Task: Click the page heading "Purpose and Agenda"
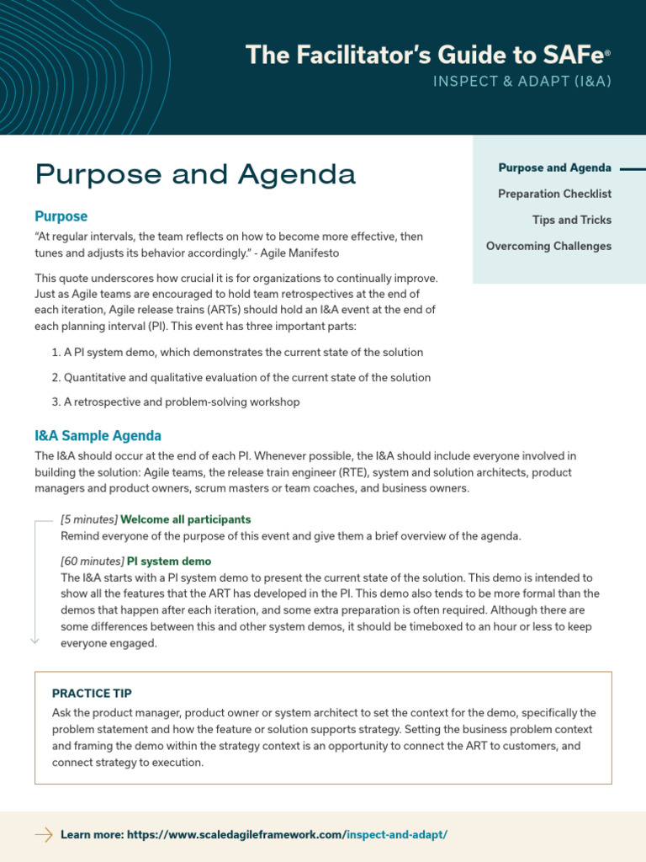pyautogui.click(x=195, y=174)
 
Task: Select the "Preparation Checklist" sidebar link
pyautogui.click(x=554, y=194)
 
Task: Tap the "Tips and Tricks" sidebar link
pyautogui.click(x=571, y=220)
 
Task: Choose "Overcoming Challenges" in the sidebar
pyautogui.click(x=548, y=246)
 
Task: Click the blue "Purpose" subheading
pyautogui.click(x=61, y=216)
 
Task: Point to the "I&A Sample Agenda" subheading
pyautogui.click(x=98, y=435)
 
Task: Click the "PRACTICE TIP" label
pyautogui.click(x=92, y=694)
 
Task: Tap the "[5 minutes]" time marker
pyautogui.click(x=89, y=519)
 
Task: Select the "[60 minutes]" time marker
pyautogui.click(x=92, y=561)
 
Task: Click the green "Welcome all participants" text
pyautogui.click(x=186, y=519)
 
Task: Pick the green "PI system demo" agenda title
pyautogui.click(x=169, y=561)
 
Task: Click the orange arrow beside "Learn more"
pyautogui.click(x=43, y=834)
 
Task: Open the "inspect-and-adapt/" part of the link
pyautogui.click(x=397, y=834)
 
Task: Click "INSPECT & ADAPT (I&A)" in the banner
pyautogui.click(x=522, y=82)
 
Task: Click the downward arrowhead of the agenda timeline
pyautogui.click(x=34, y=641)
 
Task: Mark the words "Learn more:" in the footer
pyautogui.click(x=93, y=834)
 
